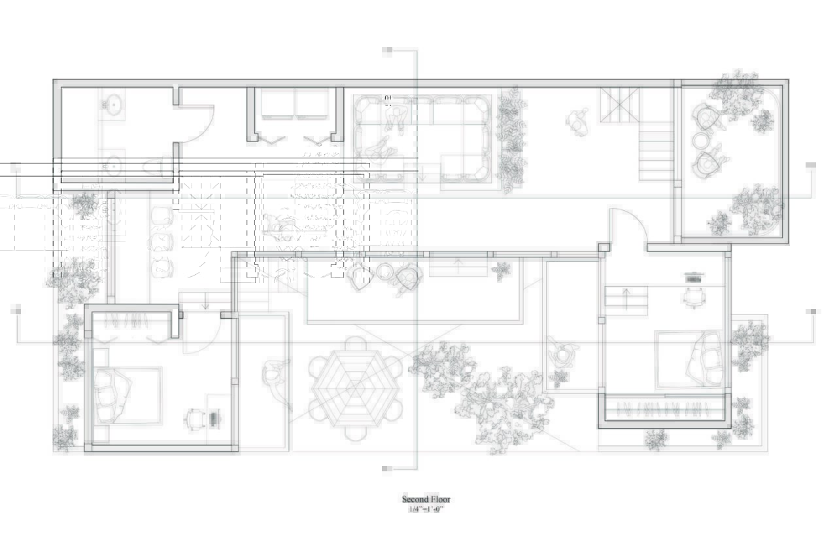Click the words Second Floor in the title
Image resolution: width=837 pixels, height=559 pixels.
pyautogui.click(x=426, y=499)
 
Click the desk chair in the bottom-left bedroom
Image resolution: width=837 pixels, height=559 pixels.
pyautogui.click(x=195, y=418)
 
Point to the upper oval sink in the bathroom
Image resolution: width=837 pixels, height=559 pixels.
pyautogui.click(x=113, y=103)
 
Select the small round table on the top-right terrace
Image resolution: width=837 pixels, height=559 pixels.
pyautogui.click(x=700, y=141)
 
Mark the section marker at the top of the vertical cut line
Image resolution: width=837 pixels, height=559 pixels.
pyautogui.click(x=387, y=50)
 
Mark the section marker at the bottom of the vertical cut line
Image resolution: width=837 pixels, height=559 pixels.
pyautogui.click(x=387, y=468)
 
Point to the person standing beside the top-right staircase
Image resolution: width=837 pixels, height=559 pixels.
pyautogui.click(x=576, y=122)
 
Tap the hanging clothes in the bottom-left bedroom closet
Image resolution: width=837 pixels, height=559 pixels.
pyautogui.click(x=131, y=321)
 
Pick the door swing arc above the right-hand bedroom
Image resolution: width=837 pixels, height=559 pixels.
pyautogui.click(x=631, y=226)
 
